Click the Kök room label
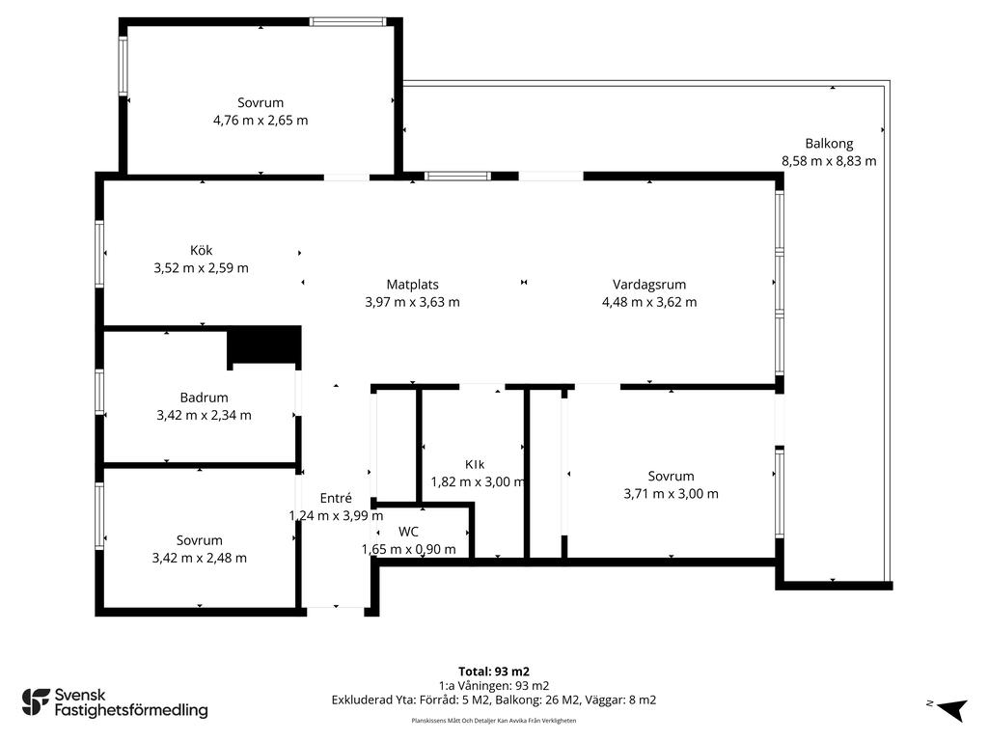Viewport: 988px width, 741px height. [x=201, y=250]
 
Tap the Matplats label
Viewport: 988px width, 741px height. [x=412, y=285]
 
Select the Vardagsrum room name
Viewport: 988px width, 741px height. [x=649, y=285]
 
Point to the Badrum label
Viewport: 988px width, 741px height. [x=204, y=398]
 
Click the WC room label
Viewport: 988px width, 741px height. [x=408, y=532]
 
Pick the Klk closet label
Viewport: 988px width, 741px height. [x=475, y=464]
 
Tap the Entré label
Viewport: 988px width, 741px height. [x=335, y=498]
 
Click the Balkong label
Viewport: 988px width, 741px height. [x=829, y=144]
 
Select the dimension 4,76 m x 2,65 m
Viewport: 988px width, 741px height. [x=261, y=121]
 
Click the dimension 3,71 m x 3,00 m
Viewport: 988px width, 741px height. [x=671, y=494]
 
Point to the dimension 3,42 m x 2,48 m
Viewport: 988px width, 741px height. [x=199, y=559]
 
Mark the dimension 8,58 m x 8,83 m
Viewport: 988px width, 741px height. [x=829, y=161]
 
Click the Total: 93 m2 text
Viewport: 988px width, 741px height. [x=493, y=672]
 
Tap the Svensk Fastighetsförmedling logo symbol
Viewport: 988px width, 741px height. [x=36, y=702]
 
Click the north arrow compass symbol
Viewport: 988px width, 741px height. [x=951, y=709]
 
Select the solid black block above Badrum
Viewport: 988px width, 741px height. [x=264, y=344]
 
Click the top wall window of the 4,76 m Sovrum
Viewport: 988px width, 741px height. [x=347, y=21]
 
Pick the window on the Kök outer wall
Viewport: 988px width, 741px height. [x=99, y=254]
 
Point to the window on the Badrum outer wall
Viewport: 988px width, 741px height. [x=99, y=392]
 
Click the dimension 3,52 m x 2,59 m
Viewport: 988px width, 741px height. [x=201, y=268]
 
